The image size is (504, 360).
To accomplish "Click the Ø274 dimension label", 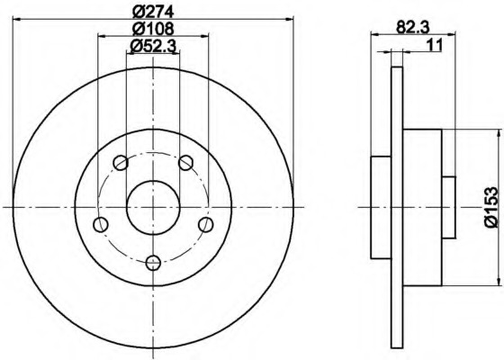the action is click(153, 12).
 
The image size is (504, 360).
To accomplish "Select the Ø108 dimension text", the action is click(153, 28).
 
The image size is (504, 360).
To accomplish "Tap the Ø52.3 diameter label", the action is click(153, 47).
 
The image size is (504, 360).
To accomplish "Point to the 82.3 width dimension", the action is click(413, 27).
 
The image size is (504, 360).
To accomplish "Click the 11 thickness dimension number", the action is click(435, 45).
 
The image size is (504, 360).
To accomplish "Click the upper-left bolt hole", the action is click(121, 163).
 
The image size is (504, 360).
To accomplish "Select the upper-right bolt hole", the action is click(185, 163).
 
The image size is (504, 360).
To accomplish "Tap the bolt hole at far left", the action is click(101, 224).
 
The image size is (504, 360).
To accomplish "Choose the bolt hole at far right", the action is click(206, 224).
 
